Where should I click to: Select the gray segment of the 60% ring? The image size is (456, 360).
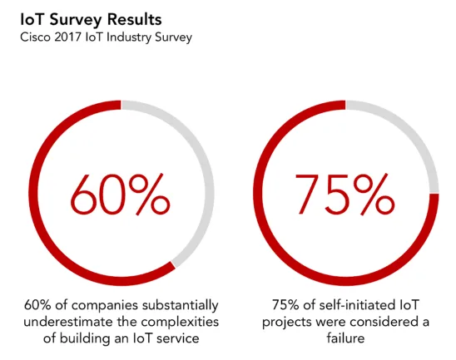tap(201, 166)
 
